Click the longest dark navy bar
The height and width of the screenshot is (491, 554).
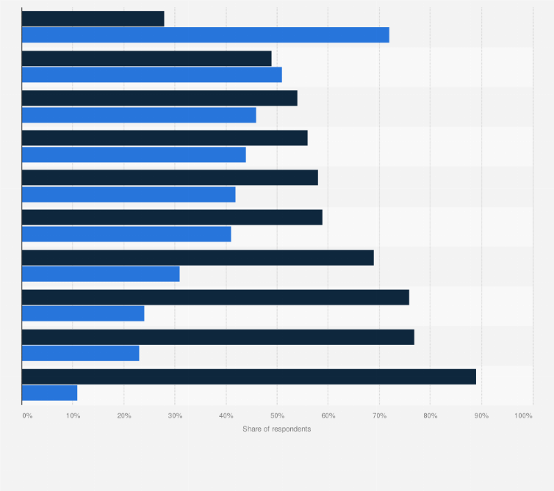point(249,377)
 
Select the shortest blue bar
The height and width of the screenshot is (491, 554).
point(49,393)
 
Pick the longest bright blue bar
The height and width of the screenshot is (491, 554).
point(205,34)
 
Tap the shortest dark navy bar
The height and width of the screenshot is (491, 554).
point(93,18)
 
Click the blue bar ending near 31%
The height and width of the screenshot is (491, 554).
point(101,274)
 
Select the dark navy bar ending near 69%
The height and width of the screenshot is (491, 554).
point(198,258)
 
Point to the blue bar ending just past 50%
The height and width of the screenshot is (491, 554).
point(151,75)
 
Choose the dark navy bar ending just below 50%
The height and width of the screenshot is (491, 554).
point(146,59)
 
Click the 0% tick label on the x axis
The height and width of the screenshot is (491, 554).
point(27,416)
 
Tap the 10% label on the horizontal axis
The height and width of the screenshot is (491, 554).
point(73,416)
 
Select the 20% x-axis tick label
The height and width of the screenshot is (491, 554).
point(124,416)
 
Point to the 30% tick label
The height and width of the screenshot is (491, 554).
point(175,416)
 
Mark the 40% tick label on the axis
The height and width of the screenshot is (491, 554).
point(226,416)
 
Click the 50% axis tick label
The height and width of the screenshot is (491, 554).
point(277,416)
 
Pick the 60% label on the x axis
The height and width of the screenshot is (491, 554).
point(328,416)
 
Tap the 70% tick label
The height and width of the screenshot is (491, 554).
point(379,416)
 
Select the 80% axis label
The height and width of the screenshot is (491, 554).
point(431,416)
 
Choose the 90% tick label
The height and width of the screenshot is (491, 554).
point(481,416)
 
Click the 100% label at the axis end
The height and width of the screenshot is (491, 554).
point(523,416)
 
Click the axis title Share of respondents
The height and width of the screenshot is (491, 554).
point(276,429)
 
